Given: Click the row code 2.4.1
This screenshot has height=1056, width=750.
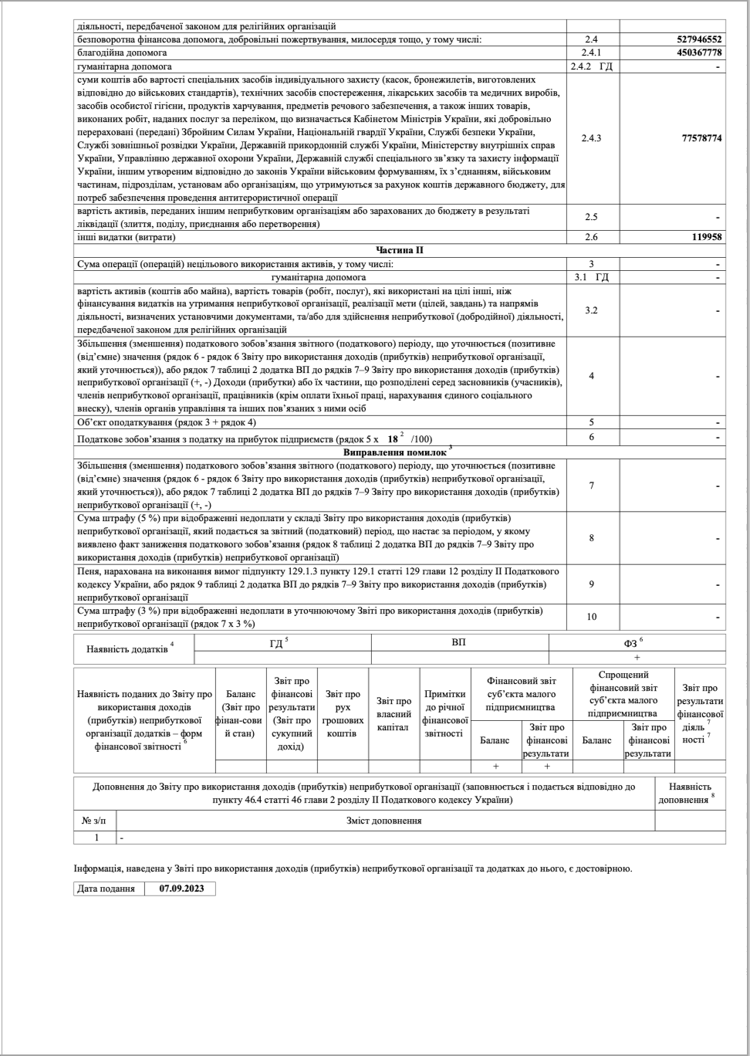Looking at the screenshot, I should (591, 52).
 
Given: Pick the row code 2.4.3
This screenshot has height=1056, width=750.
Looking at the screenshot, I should (591, 138).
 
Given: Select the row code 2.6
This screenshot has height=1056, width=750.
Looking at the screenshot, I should (591, 237).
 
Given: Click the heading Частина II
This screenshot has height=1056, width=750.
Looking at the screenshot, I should (399, 250).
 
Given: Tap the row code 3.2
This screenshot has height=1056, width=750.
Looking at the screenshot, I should (591, 310).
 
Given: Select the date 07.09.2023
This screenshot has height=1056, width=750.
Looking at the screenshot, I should (180, 888).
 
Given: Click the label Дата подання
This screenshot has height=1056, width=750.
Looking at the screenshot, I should (109, 888).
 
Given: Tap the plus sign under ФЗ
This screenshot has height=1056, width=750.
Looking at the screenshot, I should (637, 657).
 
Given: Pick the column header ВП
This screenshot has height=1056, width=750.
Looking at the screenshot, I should (459, 642).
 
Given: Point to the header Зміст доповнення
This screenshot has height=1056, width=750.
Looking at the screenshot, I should (384, 821).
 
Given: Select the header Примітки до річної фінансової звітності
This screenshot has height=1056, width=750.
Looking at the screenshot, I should (444, 713).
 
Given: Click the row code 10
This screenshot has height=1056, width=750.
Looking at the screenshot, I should (591, 616).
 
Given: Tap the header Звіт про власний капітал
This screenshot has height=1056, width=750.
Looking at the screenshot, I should (394, 714).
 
